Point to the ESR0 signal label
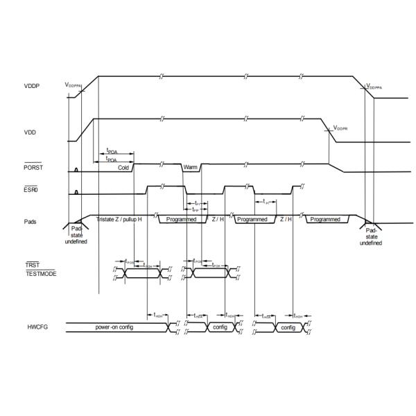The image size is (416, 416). pos(30,190)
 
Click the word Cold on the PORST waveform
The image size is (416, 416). pos(123,168)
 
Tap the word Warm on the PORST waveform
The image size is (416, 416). pos(191,167)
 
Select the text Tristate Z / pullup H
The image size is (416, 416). pos(120,219)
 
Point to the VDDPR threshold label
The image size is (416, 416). pos(341,128)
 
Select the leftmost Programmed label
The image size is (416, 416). pos(182,219)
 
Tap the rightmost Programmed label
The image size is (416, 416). pos(325,219)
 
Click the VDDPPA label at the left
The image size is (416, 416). pos(73,85)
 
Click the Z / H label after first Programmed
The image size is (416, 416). pos(217,219)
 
